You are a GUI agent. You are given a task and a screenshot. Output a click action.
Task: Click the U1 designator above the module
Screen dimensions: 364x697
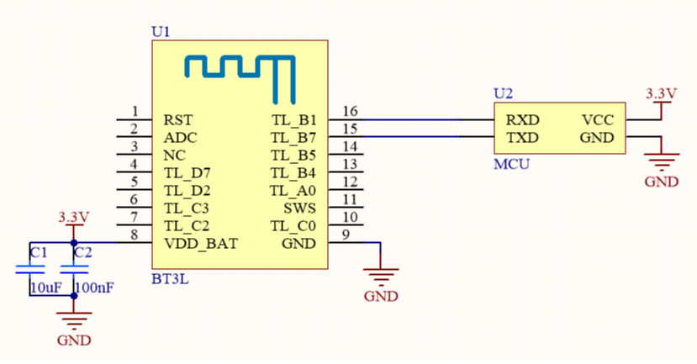(161, 32)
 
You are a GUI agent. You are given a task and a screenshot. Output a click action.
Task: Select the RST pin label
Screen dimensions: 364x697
(177, 119)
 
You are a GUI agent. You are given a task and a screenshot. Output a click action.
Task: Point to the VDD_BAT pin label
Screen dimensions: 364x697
(201, 244)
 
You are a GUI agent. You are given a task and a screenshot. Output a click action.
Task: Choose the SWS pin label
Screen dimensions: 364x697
(299, 208)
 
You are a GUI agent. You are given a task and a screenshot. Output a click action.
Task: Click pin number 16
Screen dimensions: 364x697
(350, 111)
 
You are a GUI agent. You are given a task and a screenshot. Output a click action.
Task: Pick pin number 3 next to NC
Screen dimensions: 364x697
(134, 146)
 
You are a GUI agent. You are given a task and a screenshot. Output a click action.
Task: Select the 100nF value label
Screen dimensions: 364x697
(94, 288)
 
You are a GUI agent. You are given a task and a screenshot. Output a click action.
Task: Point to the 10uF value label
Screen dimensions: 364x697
(45, 288)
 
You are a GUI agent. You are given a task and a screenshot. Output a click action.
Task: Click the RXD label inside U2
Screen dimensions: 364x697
(521, 119)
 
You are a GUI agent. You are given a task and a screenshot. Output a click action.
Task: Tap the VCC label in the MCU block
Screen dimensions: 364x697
(597, 119)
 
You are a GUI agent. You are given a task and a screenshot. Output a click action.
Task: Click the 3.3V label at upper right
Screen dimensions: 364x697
(660, 92)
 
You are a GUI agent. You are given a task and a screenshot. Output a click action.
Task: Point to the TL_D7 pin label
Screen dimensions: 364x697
(187, 172)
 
